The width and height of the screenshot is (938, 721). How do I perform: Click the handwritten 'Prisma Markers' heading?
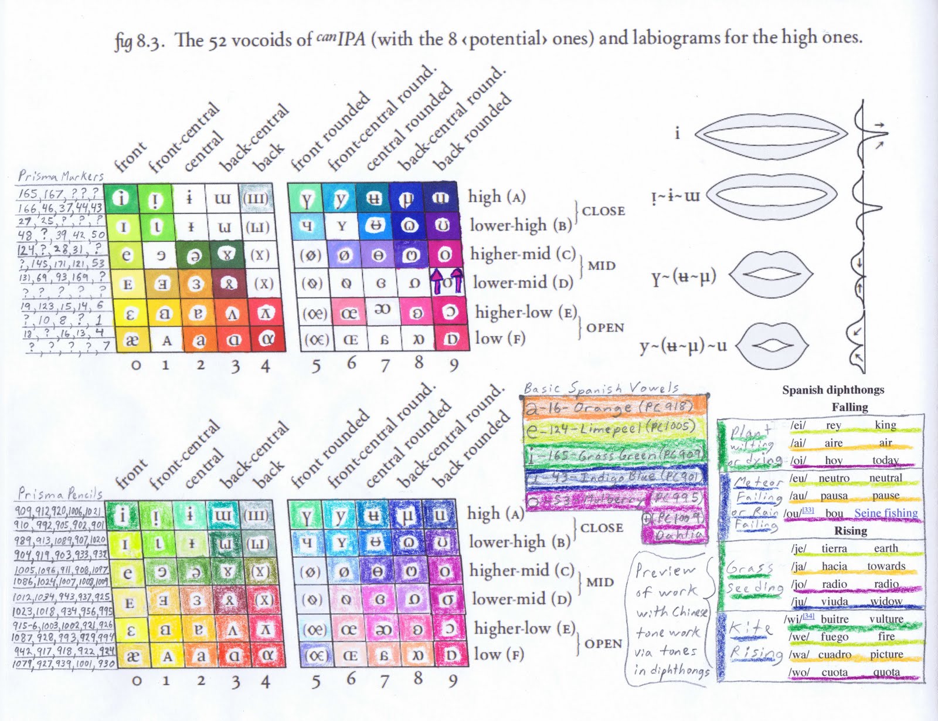pyautogui.click(x=60, y=175)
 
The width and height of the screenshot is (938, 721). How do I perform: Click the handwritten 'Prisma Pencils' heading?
pyautogui.click(x=60, y=493)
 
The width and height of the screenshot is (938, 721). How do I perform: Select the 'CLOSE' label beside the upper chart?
pyautogui.click(x=603, y=211)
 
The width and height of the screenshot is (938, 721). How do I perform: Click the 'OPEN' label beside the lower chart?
pyautogui.click(x=603, y=644)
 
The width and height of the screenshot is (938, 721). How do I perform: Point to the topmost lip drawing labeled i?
pyautogui.click(x=771, y=134)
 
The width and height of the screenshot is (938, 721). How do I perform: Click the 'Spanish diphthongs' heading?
pyautogui.click(x=832, y=390)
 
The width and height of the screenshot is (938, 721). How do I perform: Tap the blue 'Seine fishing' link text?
pyautogui.click(x=885, y=513)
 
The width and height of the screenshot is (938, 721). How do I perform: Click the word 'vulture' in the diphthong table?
pyautogui.click(x=886, y=619)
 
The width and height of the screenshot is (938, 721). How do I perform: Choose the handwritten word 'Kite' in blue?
pyautogui.click(x=750, y=628)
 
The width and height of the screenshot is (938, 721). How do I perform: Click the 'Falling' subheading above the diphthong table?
pyautogui.click(x=849, y=407)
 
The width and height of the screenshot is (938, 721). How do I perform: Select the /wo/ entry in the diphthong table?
pyautogui.click(x=799, y=672)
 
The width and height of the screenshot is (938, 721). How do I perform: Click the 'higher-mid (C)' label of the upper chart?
pyautogui.click(x=524, y=254)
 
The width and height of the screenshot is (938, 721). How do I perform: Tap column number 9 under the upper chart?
pyautogui.click(x=453, y=365)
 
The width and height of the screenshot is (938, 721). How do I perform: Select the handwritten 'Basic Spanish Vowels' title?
pyautogui.click(x=601, y=388)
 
